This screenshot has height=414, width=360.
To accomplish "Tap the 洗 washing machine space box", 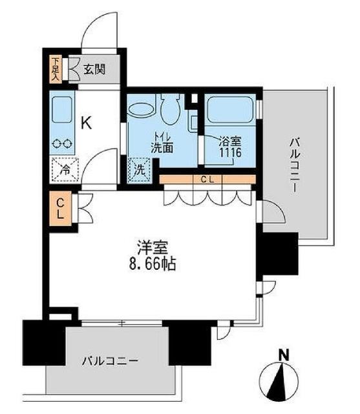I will click(x=139, y=170).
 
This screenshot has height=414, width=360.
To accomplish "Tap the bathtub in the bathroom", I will click(x=230, y=112).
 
